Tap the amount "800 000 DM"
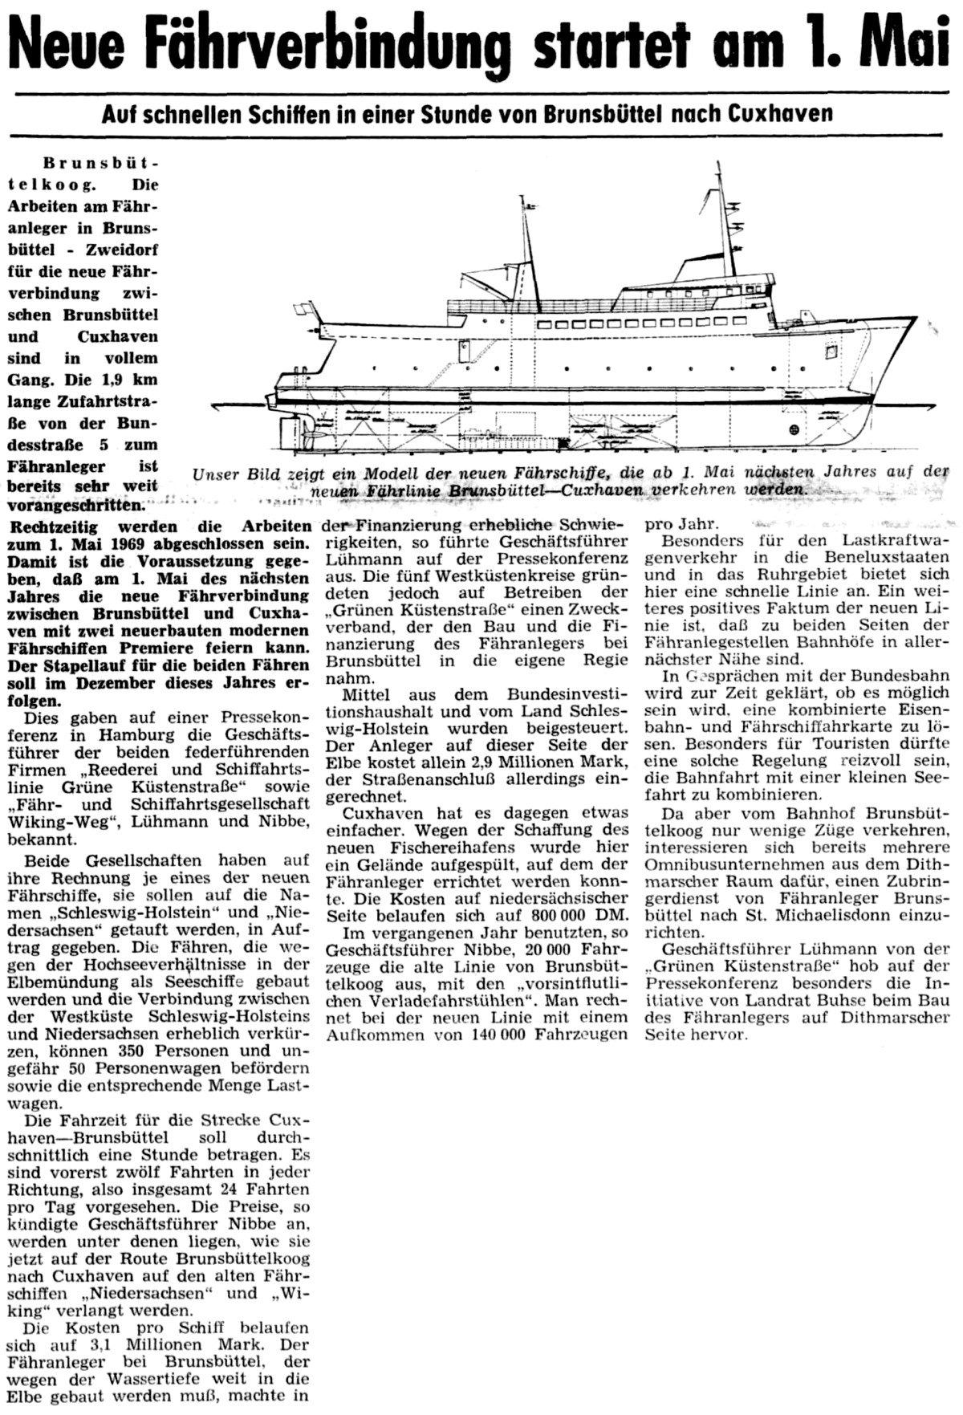click(x=568, y=916)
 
